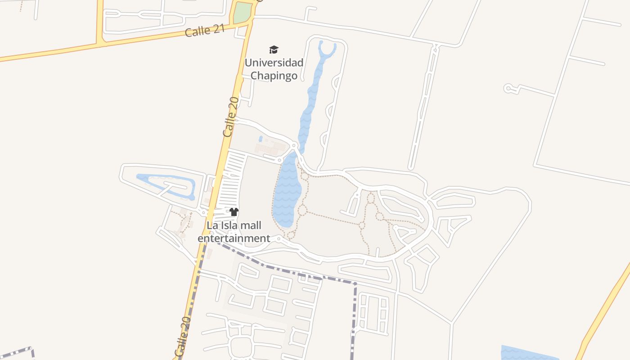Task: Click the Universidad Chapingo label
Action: (x=274, y=69)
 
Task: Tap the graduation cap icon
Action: (x=274, y=49)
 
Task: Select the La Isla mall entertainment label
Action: (x=234, y=232)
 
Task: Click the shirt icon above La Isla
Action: (x=234, y=212)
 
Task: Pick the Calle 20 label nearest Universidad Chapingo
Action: (x=231, y=117)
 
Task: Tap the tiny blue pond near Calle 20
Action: (x=261, y=139)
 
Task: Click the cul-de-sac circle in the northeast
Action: (x=509, y=88)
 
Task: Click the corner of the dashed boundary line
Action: (x=355, y=284)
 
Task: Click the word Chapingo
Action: (x=274, y=76)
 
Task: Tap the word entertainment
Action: (x=234, y=238)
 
